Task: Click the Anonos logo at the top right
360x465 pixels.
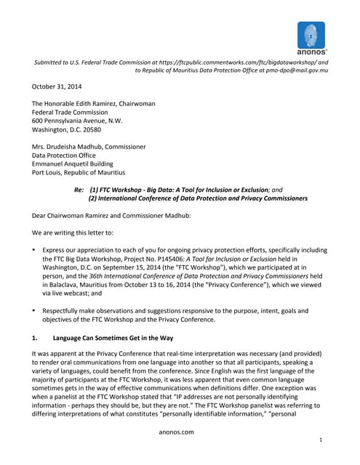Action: point(311,36)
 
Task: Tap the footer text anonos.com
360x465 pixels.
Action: point(179,432)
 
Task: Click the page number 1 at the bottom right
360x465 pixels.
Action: point(321,441)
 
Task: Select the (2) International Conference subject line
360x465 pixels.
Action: point(197,198)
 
